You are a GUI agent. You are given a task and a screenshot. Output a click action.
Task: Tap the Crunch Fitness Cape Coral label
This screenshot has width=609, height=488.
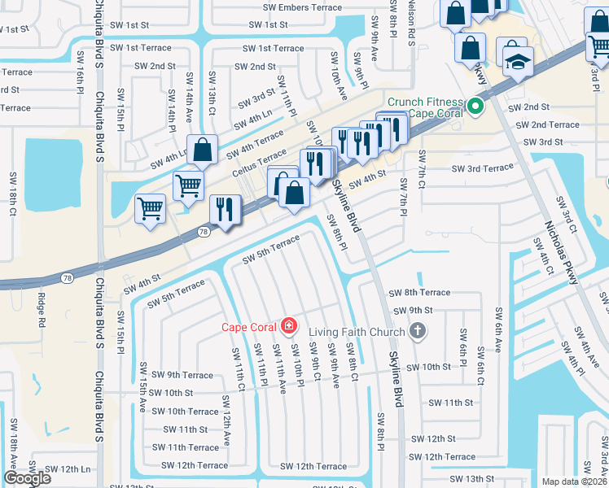pos(425,107)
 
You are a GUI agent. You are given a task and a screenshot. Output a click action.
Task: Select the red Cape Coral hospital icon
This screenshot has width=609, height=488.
pos(287,327)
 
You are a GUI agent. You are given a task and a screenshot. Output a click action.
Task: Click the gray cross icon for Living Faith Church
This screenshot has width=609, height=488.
pos(417,331)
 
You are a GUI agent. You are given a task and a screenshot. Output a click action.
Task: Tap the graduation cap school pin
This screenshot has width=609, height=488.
pos(517,62)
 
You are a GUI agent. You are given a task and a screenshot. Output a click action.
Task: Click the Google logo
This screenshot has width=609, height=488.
pos(28,478)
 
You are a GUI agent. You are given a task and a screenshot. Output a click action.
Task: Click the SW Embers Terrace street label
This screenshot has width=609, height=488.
pos(302,7)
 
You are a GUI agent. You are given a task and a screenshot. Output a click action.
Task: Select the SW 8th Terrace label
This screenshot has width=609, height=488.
pos(418,293)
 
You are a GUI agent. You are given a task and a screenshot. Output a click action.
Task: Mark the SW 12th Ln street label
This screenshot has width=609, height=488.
pos(68,469)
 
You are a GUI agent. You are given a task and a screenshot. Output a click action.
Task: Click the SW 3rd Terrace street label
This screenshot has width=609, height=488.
pos(483,168)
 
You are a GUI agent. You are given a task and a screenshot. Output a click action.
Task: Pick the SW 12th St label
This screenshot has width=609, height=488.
pos(432,438)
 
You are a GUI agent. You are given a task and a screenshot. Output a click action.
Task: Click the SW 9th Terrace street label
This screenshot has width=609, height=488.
pos(178,375)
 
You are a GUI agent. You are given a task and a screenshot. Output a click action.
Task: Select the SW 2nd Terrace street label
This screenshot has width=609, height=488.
pos(543,125)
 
